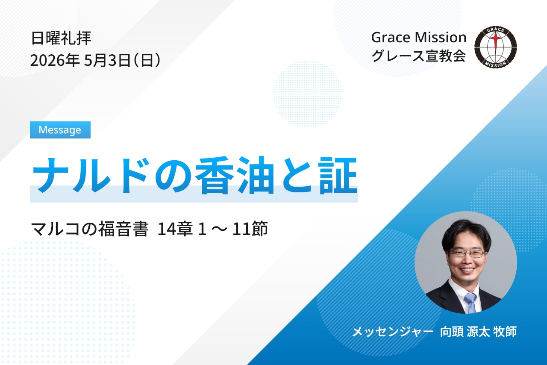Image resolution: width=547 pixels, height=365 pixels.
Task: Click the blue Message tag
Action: tap(60, 130)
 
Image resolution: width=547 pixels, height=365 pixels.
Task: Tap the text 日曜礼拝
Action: tap(61, 38)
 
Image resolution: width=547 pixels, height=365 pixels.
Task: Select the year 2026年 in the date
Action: tap(55, 60)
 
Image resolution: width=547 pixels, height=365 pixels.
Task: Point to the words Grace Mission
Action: tap(418, 38)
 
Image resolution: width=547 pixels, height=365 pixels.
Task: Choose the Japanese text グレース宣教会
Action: tap(418, 56)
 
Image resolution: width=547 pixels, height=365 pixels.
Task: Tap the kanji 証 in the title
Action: tap(339, 175)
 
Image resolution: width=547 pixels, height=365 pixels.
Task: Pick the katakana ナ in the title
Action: tap(50, 175)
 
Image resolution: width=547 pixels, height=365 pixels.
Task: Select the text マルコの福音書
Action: tap(89, 229)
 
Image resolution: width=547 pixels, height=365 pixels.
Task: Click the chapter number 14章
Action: tap(175, 229)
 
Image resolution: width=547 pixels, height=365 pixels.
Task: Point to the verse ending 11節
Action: tap(250, 229)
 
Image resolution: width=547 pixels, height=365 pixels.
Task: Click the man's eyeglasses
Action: tap(467, 253)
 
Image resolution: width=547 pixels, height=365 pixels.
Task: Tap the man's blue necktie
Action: tap(471, 302)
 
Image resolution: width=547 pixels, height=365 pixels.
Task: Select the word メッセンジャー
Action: tap(393, 332)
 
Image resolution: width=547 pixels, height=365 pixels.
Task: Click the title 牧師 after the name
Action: tap(505, 332)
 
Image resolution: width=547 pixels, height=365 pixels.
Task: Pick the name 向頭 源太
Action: tap(465, 332)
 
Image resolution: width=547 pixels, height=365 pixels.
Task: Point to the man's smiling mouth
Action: tap(467, 270)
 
